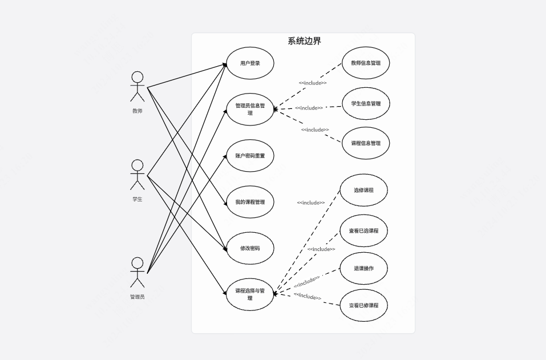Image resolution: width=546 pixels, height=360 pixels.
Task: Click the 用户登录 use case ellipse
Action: tap(250, 63)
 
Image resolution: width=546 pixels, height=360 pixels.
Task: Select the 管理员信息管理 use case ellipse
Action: tap(250, 109)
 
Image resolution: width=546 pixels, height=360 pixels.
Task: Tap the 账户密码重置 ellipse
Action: tap(250, 156)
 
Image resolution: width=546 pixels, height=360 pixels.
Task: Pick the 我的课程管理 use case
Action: tap(250, 202)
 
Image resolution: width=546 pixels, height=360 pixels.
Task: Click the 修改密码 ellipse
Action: tap(250, 248)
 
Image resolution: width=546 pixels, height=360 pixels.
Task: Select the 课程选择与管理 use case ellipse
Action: tap(250, 294)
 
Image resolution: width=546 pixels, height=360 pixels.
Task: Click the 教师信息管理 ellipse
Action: tap(366, 63)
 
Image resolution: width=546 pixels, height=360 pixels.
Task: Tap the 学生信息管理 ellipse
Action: tap(366, 104)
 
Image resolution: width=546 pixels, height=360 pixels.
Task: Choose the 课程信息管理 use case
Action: tap(366, 143)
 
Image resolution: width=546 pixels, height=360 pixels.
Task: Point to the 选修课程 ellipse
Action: tap(363, 190)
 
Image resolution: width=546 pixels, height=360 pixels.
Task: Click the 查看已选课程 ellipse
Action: tap(363, 231)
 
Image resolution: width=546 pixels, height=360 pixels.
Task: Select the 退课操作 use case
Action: tap(363, 268)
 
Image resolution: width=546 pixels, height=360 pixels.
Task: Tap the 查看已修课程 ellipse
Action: tap(363, 305)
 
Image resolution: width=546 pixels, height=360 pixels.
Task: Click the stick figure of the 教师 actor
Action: tap(137, 86)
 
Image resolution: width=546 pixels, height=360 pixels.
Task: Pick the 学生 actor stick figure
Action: tap(137, 175)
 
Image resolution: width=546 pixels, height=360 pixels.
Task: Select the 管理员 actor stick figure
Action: tap(137, 272)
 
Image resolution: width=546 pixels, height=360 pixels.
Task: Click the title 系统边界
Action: tap(304, 41)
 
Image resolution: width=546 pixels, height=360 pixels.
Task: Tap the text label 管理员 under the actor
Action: tap(137, 297)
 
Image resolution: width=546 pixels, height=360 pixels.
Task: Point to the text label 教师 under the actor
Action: tap(137, 111)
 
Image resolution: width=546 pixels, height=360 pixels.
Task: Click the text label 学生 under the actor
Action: tap(137, 199)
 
